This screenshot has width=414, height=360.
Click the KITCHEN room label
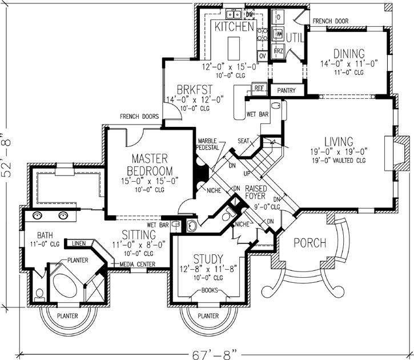pos(234,26)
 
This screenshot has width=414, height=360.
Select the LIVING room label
pos(339,141)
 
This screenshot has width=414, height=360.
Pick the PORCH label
pos(310,244)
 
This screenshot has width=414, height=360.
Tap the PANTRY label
pos(285,90)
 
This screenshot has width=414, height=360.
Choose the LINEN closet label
pos(78,244)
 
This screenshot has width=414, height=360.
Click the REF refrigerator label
pos(259,89)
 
